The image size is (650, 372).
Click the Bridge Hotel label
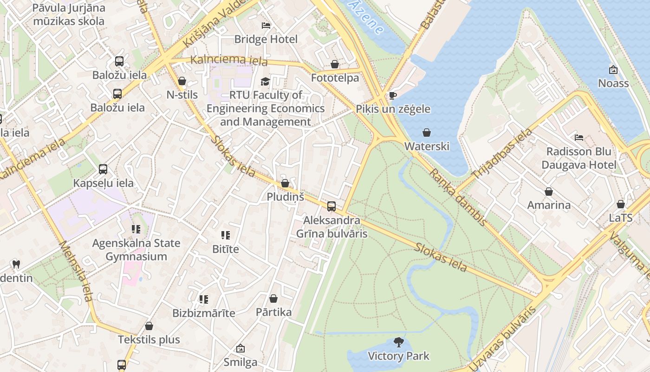(266, 39)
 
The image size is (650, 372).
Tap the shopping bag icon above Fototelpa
(335, 64)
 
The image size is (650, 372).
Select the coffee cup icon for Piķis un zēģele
(392, 95)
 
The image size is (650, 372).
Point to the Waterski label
(427, 146)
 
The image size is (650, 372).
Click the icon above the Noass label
(613, 70)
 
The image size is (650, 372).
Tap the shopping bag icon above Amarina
(549, 192)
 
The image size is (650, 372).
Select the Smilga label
(240, 362)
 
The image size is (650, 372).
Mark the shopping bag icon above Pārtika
(273, 299)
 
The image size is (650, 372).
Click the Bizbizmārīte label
(204, 313)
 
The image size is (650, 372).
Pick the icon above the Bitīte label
(226, 235)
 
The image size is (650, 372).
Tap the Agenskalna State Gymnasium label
(136, 250)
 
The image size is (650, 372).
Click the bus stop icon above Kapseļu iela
(103, 169)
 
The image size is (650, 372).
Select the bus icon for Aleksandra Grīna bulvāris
(331, 206)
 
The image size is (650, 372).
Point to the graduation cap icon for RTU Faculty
(265, 82)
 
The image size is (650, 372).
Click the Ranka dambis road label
(457, 197)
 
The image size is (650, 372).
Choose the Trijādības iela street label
(502, 153)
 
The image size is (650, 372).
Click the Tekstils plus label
(149, 339)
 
